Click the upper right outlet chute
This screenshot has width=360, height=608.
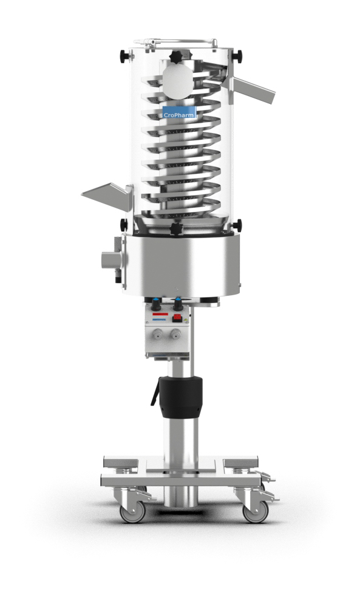[x=255, y=90]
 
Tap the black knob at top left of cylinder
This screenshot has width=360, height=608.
[x=125, y=57]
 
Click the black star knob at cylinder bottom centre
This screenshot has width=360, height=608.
[x=177, y=229]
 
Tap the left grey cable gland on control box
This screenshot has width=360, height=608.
[x=158, y=333]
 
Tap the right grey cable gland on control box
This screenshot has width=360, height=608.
[x=176, y=333]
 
